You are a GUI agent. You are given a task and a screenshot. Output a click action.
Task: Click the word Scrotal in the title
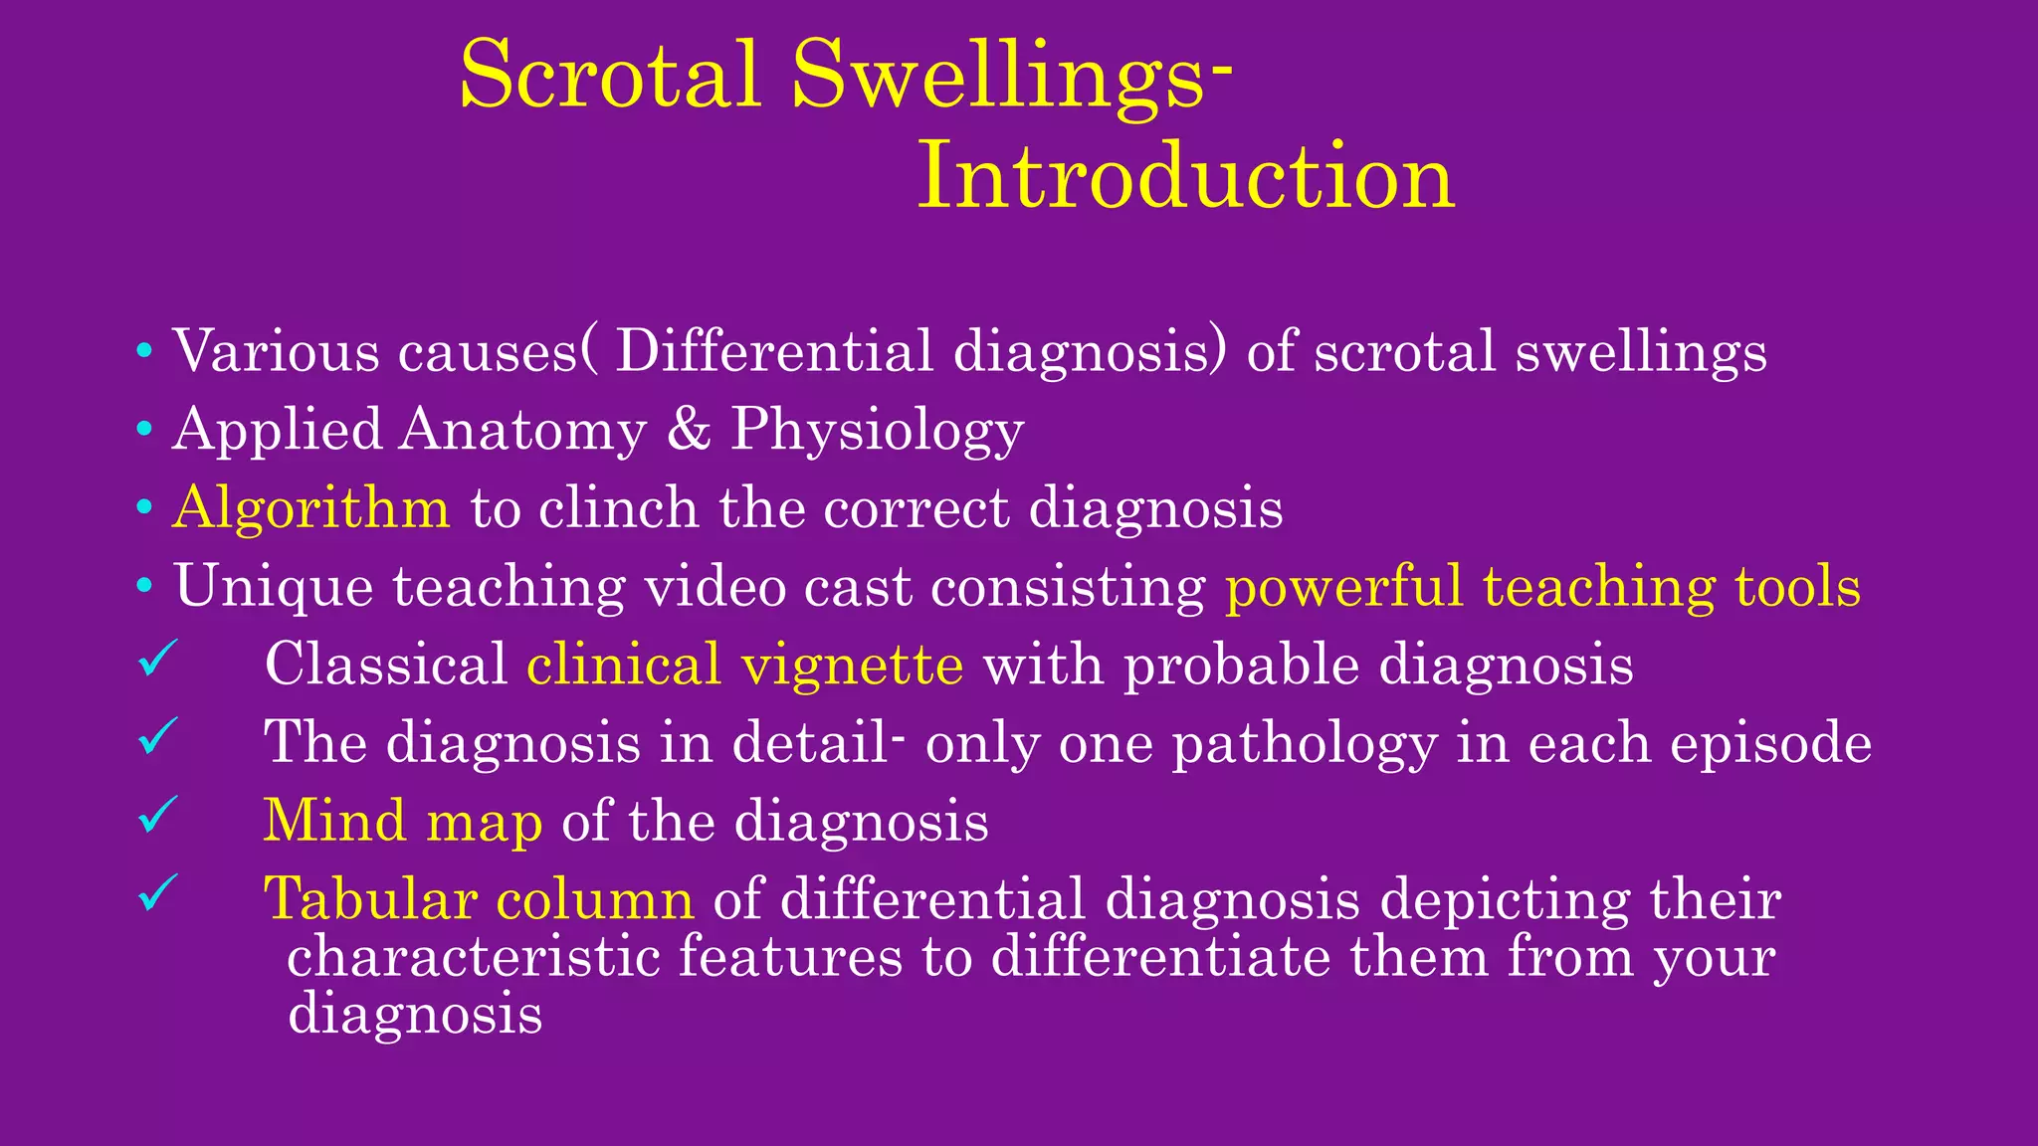[610, 77]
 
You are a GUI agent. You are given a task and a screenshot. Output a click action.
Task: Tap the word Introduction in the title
[1185, 176]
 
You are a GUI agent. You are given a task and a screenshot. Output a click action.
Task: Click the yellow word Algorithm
[311, 509]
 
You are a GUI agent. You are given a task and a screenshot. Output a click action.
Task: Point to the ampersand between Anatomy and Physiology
[689, 430]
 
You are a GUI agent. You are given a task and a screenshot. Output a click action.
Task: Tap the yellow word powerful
[1343, 587]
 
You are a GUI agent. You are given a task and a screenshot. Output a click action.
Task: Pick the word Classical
[386, 665]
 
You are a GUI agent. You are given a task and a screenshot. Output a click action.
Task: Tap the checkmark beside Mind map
[158, 815]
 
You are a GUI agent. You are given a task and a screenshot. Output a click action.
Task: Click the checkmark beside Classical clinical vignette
[158, 659]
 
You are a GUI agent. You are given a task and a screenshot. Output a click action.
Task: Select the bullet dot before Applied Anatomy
[145, 430]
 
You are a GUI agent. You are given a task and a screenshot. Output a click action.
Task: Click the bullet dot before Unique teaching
[145, 587]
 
